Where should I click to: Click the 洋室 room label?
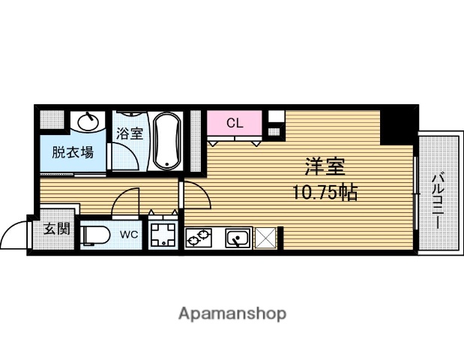(x=325, y=166)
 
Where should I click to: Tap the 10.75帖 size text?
(x=325, y=193)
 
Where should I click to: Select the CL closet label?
(x=235, y=123)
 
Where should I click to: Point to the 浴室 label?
(x=130, y=133)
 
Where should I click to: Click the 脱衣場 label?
(x=73, y=152)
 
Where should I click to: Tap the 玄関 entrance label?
(x=57, y=229)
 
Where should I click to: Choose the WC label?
(x=129, y=235)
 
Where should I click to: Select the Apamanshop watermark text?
(x=232, y=313)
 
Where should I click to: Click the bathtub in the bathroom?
(x=166, y=141)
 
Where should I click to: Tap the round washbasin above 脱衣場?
(x=88, y=121)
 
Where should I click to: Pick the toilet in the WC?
(x=95, y=235)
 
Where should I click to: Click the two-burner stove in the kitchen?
(x=199, y=238)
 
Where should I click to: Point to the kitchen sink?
(x=238, y=238)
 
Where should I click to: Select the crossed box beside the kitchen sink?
(x=265, y=238)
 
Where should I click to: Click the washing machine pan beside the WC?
(x=163, y=235)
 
